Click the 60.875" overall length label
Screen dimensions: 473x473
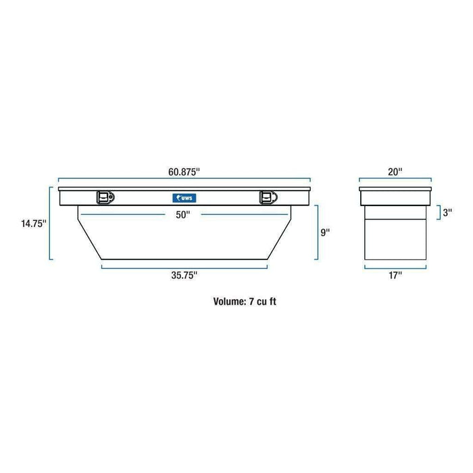click(183, 172)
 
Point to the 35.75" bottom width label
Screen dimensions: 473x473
click(183, 275)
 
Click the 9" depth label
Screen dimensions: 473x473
click(326, 232)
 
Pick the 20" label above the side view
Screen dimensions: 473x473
click(395, 172)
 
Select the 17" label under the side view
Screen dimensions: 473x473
click(395, 275)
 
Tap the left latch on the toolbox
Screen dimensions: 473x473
click(105, 197)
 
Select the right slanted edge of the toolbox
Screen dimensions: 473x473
click(280, 234)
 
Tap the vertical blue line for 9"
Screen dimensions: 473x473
click(315, 232)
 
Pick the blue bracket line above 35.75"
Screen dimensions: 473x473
click(183, 267)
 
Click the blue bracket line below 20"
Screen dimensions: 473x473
click(395, 180)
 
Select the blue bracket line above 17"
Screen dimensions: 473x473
click(395, 267)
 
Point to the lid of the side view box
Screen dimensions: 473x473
click(395, 189)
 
